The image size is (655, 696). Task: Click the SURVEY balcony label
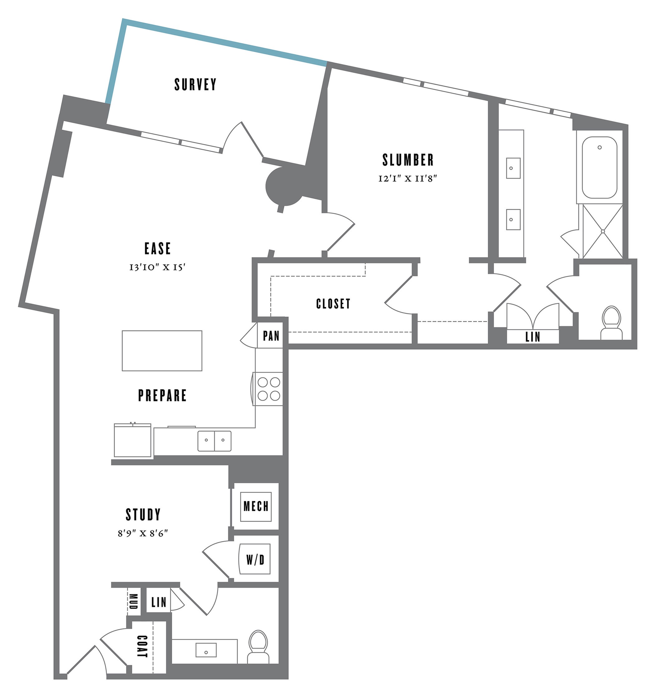[196, 84]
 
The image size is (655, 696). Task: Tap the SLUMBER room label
[408, 160]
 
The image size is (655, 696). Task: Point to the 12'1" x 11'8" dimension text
[407, 179]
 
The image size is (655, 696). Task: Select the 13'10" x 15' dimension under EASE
[157, 267]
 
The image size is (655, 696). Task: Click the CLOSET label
[333, 304]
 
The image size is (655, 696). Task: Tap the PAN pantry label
[271, 336]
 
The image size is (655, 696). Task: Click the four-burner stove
[269, 389]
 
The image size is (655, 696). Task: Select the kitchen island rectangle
[162, 350]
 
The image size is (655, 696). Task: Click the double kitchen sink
[214, 441]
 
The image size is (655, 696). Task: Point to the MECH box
[256, 506]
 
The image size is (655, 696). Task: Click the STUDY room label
[143, 515]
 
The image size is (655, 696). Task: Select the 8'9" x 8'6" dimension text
[143, 533]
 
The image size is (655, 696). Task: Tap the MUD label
[133, 602]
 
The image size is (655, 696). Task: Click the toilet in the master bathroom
[611, 322]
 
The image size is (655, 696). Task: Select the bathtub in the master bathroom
[599, 167]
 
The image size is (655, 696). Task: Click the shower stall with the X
[603, 231]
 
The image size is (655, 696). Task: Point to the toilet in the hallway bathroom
[258, 647]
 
